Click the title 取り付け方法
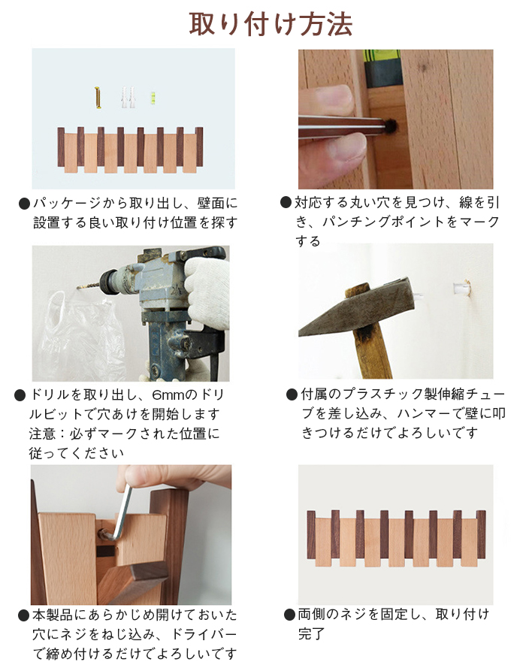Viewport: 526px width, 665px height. point(271,24)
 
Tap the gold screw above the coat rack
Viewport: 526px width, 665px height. point(98,98)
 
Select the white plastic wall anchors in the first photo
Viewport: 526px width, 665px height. point(128,97)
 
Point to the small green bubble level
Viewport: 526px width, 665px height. point(153,98)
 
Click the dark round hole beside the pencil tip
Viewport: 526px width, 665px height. point(390,125)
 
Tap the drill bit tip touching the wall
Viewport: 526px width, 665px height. point(78,288)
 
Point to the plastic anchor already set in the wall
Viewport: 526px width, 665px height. point(462,289)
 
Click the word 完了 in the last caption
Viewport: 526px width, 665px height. point(311,634)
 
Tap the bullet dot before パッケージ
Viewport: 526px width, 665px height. point(25,204)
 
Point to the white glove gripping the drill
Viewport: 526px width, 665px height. point(208,292)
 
